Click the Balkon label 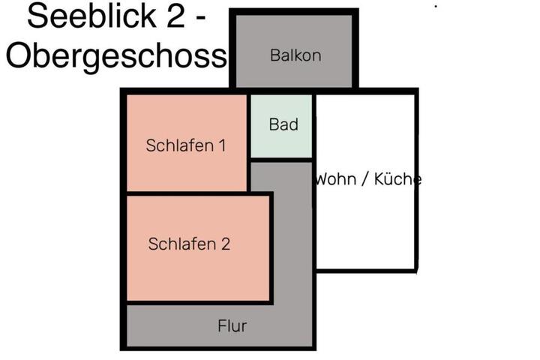295,55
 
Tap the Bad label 283,124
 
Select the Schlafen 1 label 186,145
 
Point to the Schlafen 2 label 189,244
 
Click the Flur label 232,326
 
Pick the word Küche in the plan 397,179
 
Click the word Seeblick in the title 91,16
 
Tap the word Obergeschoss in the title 116,55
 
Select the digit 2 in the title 175,16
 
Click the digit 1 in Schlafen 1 223,145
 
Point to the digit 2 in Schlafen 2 225,244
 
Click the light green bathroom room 281,126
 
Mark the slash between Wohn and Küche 365,179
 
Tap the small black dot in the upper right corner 436,6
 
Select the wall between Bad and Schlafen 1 249,126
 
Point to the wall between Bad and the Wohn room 314,126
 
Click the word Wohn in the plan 335,179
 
